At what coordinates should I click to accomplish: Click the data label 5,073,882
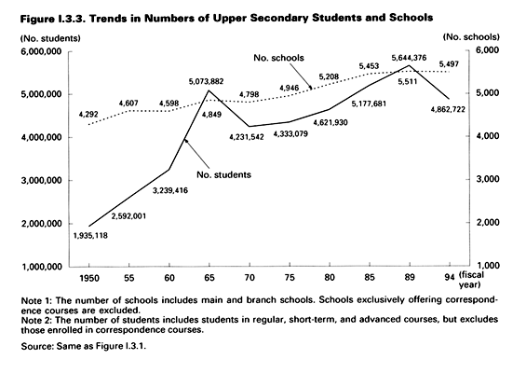pyautogui.click(x=206, y=81)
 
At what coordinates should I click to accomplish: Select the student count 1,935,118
pyautogui.click(x=90, y=236)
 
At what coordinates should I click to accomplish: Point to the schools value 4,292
pyautogui.click(x=88, y=115)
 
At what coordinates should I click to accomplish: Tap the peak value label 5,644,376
pyautogui.click(x=409, y=58)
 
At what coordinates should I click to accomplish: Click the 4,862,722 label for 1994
pyautogui.click(x=448, y=109)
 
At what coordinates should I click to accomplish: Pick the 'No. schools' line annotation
pyautogui.click(x=278, y=58)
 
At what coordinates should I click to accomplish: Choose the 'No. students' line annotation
pyautogui.click(x=223, y=174)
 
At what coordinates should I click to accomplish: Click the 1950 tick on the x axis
pyautogui.click(x=88, y=278)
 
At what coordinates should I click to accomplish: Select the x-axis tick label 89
pyautogui.click(x=410, y=277)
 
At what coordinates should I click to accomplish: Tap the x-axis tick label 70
pyautogui.click(x=250, y=278)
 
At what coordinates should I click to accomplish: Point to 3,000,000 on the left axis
pyautogui.click(x=42, y=181)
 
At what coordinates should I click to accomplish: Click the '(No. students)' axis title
pyautogui.click(x=50, y=38)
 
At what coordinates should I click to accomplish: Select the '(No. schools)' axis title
pyautogui.click(x=471, y=37)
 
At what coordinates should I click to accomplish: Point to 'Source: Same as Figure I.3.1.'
pyautogui.click(x=84, y=346)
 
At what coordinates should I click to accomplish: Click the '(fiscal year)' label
pyautogui.click(x=471, y=280)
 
